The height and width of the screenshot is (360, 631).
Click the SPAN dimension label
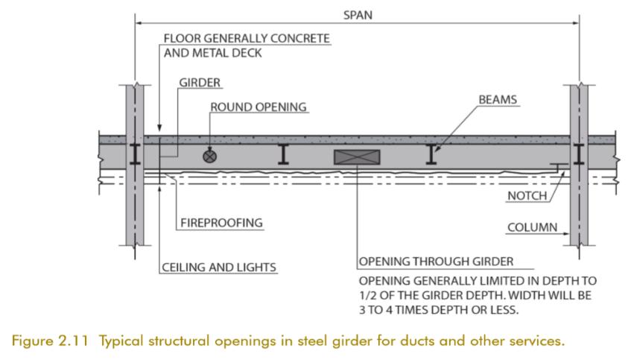[x=358, y=14]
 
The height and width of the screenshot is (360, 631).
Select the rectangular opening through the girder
[x=358, y=157]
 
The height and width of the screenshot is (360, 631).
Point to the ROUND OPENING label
[x=259, y=107]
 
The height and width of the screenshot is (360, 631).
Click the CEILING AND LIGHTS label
[x=219, y=266]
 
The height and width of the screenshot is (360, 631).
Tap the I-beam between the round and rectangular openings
[x=284, y=154]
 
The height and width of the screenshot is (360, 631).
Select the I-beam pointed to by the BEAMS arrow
[x=430, y=154]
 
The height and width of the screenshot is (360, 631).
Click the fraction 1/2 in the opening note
[x=370, y=295]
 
